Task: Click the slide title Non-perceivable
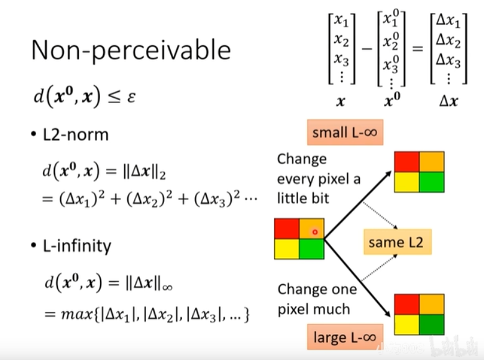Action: coord(130,50)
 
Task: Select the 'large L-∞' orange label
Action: coord(344,338)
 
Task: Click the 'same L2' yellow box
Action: coord(396,242)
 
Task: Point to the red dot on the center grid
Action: coord(315,232)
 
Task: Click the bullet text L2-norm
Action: coord(76,135)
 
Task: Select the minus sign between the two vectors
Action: coord(366,49)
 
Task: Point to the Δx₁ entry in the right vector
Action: coord(448,22)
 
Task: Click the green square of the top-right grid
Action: coord(432,182)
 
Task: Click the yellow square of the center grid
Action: coord(286,249)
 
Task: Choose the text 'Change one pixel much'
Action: coord(317,299)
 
